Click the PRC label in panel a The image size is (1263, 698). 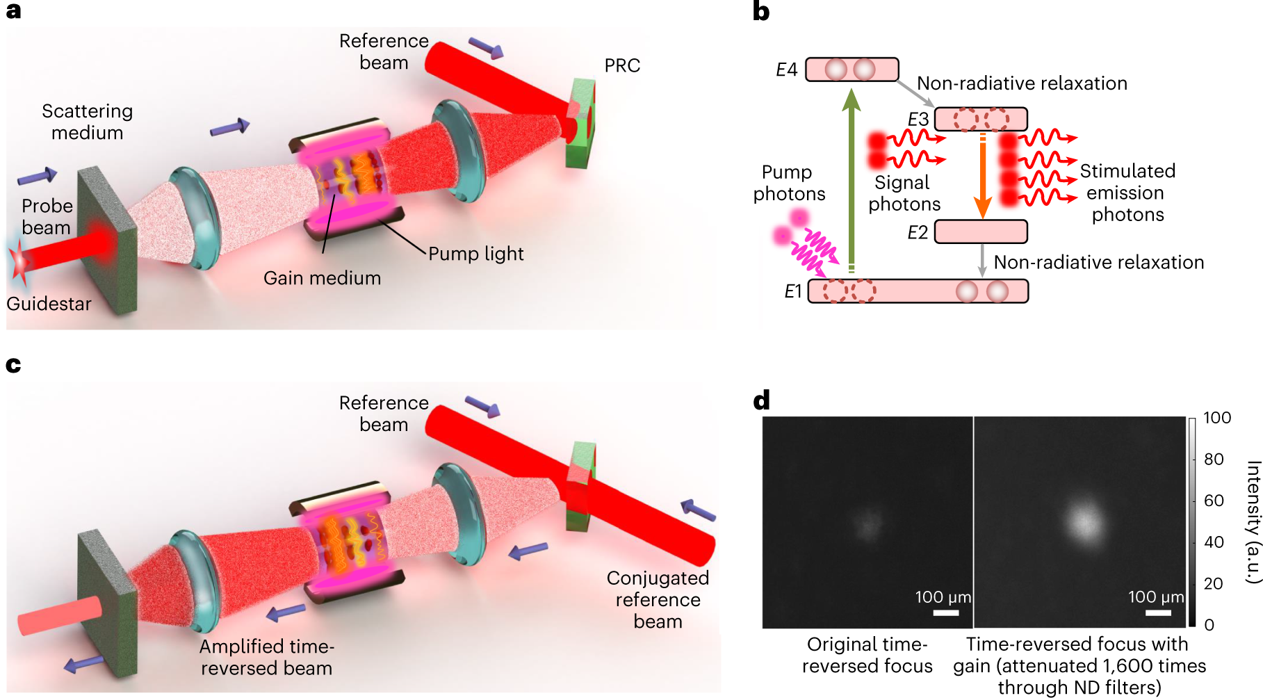621,65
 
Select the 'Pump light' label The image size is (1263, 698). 475,254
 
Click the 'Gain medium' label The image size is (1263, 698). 322,278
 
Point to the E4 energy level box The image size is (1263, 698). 851,70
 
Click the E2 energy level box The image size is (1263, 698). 980,232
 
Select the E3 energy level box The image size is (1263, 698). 980,119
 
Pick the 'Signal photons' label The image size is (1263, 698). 904,193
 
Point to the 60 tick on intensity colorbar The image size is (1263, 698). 1214,501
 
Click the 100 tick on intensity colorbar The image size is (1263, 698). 1216,418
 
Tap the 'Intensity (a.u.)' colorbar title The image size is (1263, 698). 1253,521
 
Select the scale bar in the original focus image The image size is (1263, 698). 945,612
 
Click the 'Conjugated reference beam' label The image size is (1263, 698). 658,599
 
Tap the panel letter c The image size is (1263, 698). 13,365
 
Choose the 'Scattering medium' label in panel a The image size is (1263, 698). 87,122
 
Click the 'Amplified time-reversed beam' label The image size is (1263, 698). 267,657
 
